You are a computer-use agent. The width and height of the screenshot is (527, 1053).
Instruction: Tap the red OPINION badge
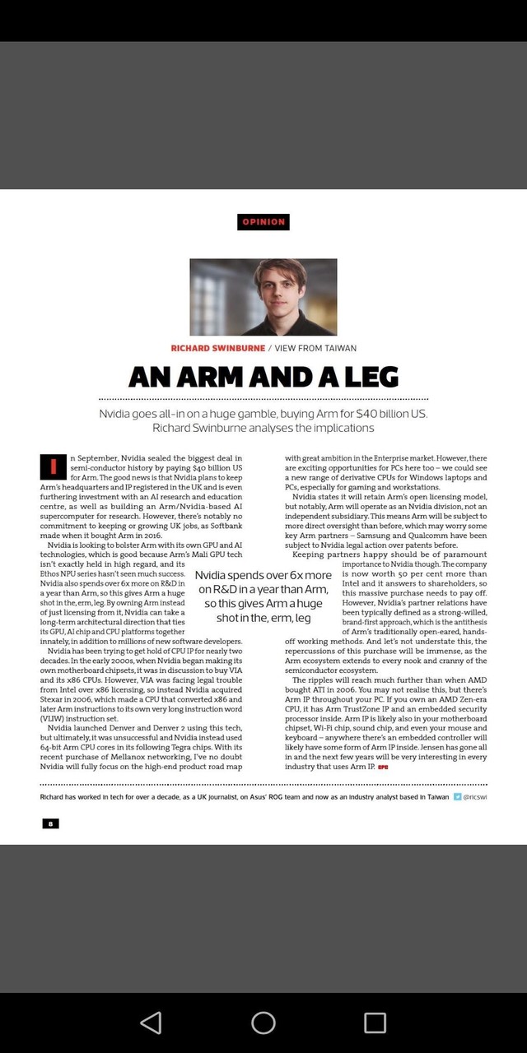263,221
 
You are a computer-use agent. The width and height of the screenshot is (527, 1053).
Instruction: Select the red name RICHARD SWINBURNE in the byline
218,348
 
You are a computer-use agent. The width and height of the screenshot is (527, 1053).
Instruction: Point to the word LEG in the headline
371,377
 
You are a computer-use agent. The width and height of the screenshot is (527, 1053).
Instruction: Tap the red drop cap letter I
53,466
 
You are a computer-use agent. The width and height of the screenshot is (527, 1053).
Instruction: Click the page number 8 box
50,823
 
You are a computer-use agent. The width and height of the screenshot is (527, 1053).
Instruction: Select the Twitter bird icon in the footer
458,796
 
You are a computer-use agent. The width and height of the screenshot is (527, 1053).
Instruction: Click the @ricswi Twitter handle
475,796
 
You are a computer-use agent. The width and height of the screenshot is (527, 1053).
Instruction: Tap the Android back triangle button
151,1022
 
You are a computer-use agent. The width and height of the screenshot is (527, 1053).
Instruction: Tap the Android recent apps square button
375,1022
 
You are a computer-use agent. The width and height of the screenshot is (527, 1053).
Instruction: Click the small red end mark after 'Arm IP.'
383,767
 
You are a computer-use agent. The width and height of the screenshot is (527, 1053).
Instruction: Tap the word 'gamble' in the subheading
253,413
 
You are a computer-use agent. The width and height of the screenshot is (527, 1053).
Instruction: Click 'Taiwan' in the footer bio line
436,796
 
